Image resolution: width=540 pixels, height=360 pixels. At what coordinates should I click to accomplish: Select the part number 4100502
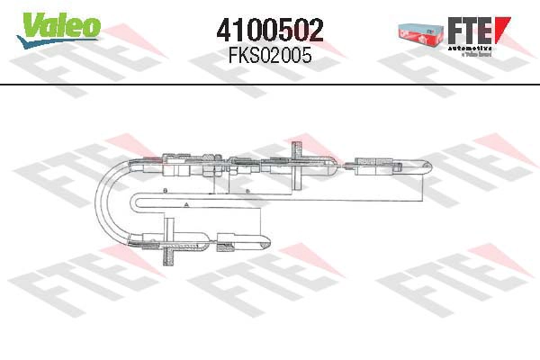click(x=269, y=30)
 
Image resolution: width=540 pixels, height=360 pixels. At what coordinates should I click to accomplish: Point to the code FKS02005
click(x=269, y=56)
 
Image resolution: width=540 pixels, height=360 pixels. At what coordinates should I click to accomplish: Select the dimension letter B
click(x=166, y=192)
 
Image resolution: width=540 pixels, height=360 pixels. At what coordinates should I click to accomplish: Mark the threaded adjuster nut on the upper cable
click(x=209, y=165)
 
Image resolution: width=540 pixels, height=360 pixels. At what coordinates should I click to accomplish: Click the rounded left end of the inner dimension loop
click(x=136, y=202)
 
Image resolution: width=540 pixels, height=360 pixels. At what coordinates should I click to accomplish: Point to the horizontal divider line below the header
click(x=270, y=85)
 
